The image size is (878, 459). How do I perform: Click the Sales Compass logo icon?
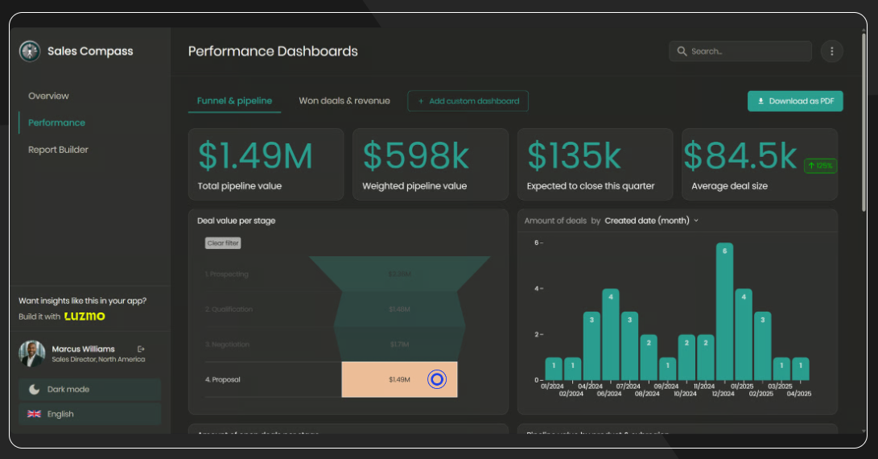[30, 52]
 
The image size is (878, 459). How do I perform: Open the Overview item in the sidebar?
[48, 96]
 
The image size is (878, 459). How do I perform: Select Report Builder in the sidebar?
[58, 150]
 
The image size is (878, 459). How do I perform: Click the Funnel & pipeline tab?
[234, 101]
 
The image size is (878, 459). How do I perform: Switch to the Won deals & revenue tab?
[344, 101]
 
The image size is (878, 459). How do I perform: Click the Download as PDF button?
[795, 101]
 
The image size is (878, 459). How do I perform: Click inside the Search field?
[740, 52]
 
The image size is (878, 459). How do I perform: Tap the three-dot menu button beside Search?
[831, 52]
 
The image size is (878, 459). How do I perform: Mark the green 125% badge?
[820, 166]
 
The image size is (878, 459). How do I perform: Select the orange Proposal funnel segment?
[399, 379]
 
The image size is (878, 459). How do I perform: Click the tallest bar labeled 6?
[724, 312]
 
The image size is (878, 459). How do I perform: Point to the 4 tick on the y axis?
[536, 288]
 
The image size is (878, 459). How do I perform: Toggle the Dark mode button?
[89, 390]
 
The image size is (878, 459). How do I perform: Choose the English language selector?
[89, 414]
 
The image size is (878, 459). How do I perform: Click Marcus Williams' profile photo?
[31, 354]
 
